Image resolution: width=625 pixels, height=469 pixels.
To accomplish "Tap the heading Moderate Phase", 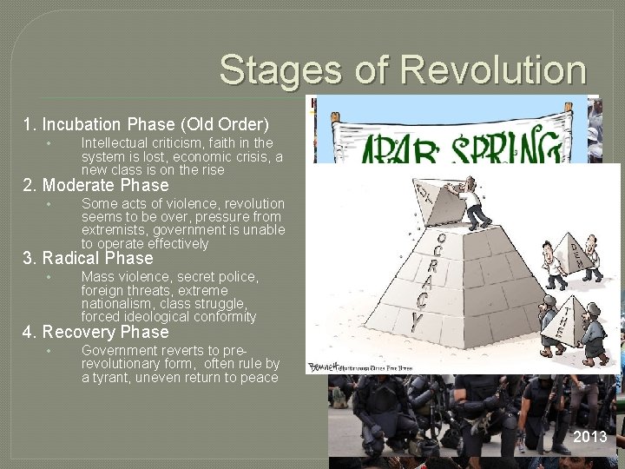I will pos(105,185).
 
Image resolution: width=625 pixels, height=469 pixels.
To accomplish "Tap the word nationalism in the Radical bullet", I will pos(118,304).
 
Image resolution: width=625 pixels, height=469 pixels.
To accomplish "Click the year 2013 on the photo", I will pos(590,437).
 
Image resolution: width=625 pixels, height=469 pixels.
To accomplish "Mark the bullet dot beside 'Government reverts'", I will pos(50,350).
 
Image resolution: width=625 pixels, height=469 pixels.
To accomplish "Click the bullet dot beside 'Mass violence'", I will pos(50,277).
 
